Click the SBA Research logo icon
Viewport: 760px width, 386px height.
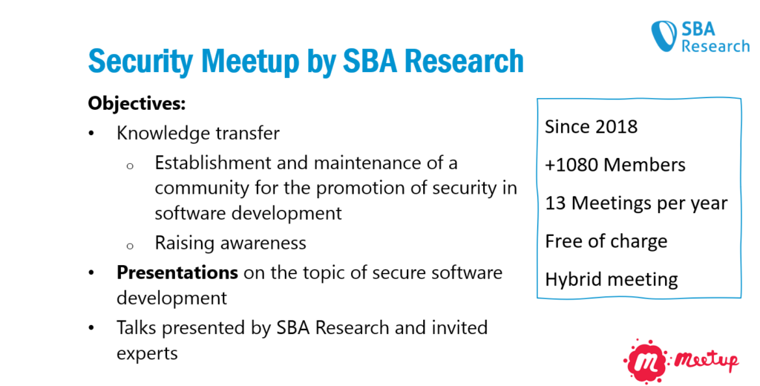(x=664, y=36)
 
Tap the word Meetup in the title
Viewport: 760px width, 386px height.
(x=250, y=62)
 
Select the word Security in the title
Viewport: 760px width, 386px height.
(x=140, y=62)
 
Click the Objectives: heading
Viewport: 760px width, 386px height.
(x=137, y=104)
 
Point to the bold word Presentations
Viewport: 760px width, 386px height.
(x=177, y=272)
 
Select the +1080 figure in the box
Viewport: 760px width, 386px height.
(x=571, y=165)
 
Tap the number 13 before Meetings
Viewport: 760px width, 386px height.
(x=555, y=203)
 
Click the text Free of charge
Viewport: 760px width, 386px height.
(x=606, y=241)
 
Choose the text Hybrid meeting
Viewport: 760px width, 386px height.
(x=612, y=280)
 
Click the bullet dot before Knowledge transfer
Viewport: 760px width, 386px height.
(x=91, y=134)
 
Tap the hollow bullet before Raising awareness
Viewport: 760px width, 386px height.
(x=129, y=246)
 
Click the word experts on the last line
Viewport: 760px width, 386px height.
(x=147, y=354)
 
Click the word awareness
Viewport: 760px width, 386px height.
(x=262, y=243)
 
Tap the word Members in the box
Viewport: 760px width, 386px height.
(x=645, y=165)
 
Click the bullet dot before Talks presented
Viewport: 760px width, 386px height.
(x=91, y=328)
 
